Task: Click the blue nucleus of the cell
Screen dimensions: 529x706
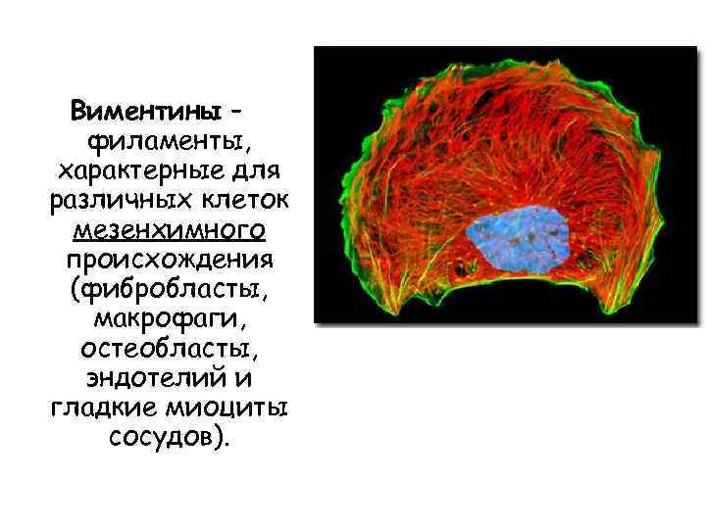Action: coord(516,240)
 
